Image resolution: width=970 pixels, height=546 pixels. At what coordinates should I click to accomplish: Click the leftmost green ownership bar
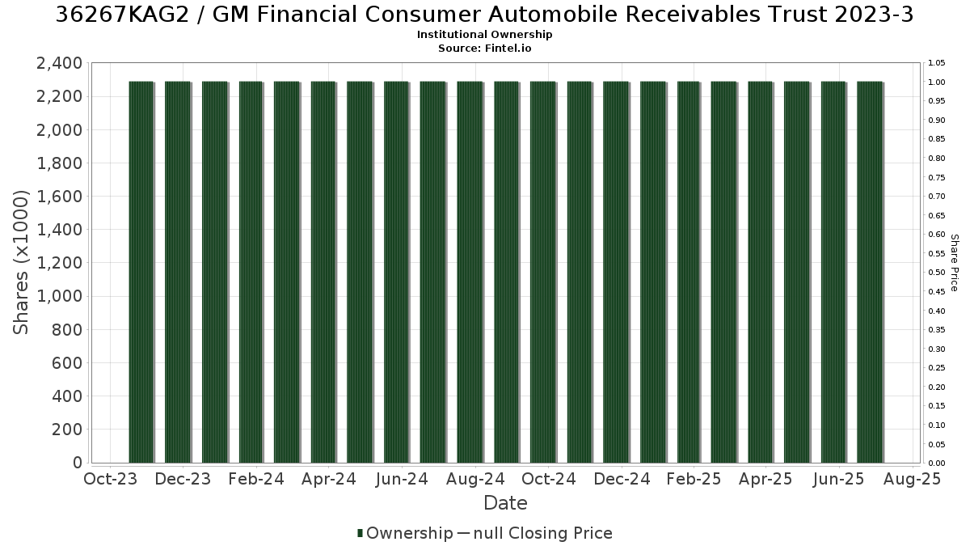pyautogui.click(x=141, y=272)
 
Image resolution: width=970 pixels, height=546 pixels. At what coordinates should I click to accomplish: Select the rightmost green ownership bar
pyautogui.click(x=870, y=272)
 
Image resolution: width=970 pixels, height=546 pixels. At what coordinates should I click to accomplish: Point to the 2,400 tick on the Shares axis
pyautogui.click(x=59, y=63)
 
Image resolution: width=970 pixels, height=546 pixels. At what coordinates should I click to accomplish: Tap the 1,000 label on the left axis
pyautogui.click(x=59, y=296)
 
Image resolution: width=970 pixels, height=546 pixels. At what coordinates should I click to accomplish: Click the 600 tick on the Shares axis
pyautogui.click(x=66, y=363)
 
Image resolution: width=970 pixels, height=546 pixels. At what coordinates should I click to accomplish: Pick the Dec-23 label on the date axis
pyautogui.click(x=183, y=479)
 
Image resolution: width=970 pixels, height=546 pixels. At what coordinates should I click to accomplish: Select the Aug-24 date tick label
pyautogui.click(x=475, y=479)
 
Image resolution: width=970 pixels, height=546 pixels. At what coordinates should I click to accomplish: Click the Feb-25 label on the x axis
pyautogui.click(x=694, y=479)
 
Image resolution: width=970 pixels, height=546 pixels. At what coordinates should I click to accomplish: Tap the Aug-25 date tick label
pyautogui.click(x=912, y=479)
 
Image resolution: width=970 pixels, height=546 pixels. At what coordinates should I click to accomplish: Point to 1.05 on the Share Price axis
pyautogui.click(x=936, y=63)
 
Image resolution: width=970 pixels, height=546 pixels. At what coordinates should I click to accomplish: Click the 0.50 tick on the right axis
pyautogui.click(x=936, y=273)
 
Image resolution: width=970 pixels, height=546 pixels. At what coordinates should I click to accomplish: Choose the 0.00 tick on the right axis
pyautogui.click(x=936, y=463)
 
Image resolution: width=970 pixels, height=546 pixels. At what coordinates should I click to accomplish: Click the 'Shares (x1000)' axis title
pyautogui.click(x=20, y=263)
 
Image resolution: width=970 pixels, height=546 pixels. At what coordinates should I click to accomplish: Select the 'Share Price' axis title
pyautogui.click(x=954, y=263)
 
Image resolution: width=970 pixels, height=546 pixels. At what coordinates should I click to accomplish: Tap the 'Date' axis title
pyautogui.click(x=505, y=503)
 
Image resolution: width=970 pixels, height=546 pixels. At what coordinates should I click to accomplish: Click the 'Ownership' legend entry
pyautogui.click(x=405, y=533)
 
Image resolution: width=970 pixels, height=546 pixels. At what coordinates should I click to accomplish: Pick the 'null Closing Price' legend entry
pyautogui.click(x=543, y=533)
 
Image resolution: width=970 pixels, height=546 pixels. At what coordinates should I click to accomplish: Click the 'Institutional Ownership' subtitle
pyautogui.click(x=484, y=35)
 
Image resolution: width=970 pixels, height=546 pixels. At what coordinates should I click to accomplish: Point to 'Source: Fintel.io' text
pyautogui.click(x=484, y=48)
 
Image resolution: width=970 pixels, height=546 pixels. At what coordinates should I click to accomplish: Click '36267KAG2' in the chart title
pyautogui.click(x=123, y=15)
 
